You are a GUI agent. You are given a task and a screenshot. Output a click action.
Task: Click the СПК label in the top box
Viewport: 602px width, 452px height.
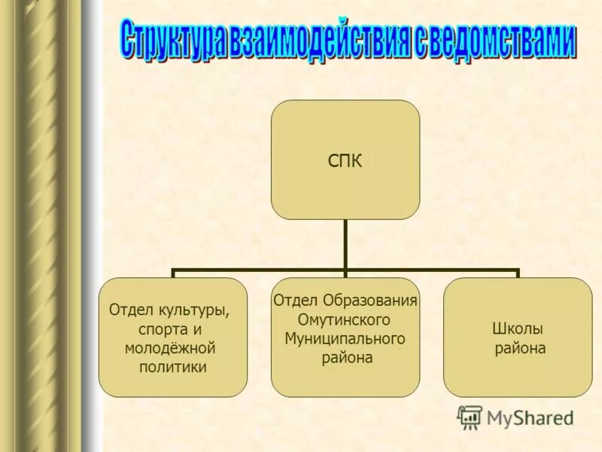(345, 161)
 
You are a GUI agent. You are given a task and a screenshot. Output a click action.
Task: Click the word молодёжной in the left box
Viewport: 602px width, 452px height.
(172, 348)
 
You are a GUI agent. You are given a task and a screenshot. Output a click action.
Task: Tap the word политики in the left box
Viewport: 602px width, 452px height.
(173, 368)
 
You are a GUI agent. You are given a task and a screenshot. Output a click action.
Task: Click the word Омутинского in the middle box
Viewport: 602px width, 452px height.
(345, 320)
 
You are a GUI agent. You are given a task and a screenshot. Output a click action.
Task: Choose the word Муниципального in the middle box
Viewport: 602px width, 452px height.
(345, 339)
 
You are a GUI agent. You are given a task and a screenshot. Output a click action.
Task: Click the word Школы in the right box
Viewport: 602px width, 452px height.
(517, 329)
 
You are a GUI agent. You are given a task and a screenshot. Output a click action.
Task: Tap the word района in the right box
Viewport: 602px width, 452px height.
(520, 349)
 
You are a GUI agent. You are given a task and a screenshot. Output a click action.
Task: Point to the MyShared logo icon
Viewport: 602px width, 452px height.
(470, 417)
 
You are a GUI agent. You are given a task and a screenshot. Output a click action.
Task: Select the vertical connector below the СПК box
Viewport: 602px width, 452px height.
(345, 244)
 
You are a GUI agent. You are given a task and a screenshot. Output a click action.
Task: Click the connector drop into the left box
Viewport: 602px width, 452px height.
(173, 273)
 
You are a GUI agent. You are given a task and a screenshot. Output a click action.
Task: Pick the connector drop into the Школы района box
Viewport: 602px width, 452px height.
(518, 273)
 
